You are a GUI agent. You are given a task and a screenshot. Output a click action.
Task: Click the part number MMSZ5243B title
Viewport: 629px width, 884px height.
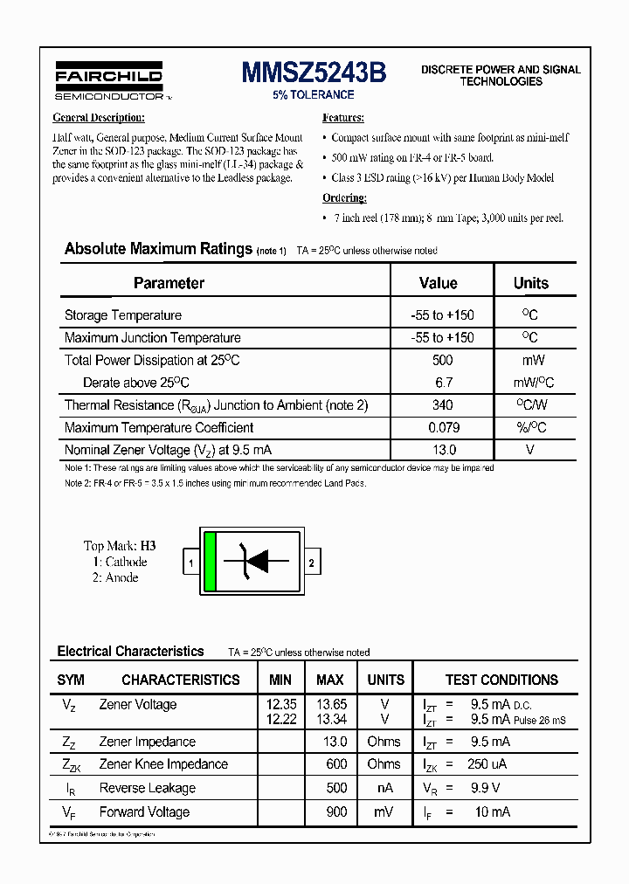(314, 73)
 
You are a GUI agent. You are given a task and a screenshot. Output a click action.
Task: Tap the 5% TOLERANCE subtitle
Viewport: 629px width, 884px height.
(314, 95)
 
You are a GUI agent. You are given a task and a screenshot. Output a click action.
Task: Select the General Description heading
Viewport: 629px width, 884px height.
(99, 118)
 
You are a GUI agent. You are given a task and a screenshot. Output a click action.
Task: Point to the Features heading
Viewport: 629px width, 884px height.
(343, 118)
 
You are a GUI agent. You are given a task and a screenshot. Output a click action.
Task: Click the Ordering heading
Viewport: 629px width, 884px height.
(344, 198)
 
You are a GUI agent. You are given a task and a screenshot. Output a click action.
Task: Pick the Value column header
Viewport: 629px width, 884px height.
(439, 283)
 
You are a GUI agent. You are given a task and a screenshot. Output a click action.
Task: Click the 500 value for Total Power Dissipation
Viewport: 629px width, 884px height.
(442, 360)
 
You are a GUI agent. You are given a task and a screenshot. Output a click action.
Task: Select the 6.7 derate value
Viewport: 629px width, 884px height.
(442, 383)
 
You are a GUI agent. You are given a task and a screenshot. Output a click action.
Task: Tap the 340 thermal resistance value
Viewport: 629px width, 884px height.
(442, 405)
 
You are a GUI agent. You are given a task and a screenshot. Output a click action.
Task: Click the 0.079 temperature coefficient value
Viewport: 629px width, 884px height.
(442, 428)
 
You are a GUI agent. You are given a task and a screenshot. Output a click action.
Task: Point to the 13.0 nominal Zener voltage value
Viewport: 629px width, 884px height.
(442, 450)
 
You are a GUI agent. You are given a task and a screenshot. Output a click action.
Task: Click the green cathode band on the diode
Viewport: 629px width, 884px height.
(210, 562)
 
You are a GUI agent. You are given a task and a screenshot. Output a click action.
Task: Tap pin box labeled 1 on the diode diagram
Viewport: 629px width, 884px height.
(190, 563)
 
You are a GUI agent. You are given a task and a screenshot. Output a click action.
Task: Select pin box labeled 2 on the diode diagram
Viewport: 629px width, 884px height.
(312, 563)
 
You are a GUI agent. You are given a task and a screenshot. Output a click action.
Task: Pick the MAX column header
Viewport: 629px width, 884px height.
(329, 680)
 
